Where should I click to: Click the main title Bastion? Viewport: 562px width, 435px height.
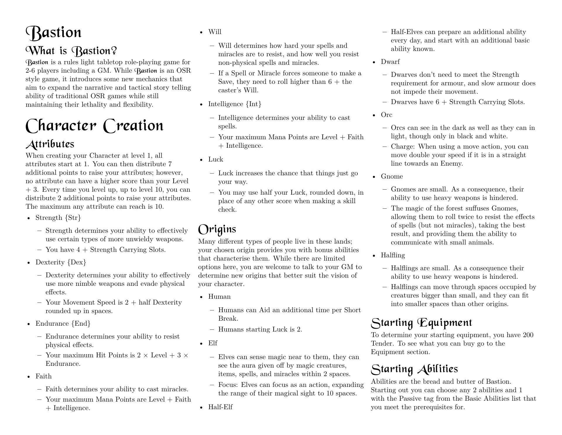[x=54, y=33]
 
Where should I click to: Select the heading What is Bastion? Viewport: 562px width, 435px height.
[x=71, y=51]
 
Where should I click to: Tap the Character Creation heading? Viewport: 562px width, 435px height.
[x=94, y=125]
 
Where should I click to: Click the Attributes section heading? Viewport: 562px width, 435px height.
[x=50, y=144]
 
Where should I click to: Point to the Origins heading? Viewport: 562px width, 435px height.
[x=217, y=229]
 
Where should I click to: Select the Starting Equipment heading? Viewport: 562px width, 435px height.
[x=421, y=323]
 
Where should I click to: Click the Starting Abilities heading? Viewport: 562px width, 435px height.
[x=414, y=369]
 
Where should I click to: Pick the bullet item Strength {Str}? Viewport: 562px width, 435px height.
[x=58, y=218]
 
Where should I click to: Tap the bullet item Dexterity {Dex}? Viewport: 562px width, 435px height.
[x=61, y=262]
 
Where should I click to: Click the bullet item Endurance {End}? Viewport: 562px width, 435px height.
[x=63, y=324]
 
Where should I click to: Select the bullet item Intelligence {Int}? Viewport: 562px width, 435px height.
[x=235, y=104]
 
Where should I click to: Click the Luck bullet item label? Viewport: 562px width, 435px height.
[x=215, y=159]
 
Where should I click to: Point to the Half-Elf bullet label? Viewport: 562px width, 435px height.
[x=220, y=407]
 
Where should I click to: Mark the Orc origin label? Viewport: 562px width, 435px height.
[x=386, y=115]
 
